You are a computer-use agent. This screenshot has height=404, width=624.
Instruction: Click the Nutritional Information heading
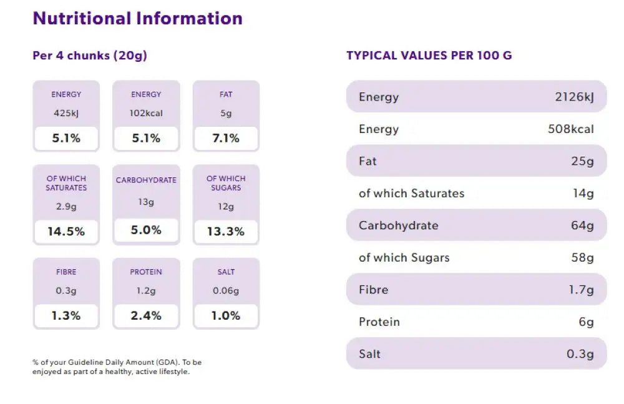point(137,18)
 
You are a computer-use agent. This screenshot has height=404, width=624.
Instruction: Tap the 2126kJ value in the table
point(574,97)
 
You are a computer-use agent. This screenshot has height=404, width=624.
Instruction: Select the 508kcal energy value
point(570,129)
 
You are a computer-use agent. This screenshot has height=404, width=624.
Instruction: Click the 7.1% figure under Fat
point(226,139)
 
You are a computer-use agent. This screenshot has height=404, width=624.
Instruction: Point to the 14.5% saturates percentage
point(66,232)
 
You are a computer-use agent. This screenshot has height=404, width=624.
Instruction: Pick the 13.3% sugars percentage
point(226,232)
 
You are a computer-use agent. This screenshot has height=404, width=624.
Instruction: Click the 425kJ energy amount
point(66,114)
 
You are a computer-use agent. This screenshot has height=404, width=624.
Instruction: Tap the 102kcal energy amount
point(146,114)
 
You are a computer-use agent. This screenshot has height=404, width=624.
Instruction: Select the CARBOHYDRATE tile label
point(146,180)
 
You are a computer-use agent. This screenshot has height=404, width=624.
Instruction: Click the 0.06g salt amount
point(226,291)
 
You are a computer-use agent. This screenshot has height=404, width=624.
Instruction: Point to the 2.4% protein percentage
point(146,316)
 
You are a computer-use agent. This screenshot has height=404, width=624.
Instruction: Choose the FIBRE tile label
point(66,272)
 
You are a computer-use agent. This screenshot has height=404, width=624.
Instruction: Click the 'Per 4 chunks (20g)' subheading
point(90,56)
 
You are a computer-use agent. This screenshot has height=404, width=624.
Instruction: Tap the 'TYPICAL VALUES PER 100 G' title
point(429,56)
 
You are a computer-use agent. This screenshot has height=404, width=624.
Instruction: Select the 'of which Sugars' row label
point(404,258)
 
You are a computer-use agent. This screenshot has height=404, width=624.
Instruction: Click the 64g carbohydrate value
point(582,225)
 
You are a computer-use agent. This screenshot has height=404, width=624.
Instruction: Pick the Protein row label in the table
point(379,322)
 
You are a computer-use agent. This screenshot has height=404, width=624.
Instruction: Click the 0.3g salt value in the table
point(580,354)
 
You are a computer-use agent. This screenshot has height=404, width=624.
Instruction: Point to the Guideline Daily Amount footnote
point(117,367)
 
